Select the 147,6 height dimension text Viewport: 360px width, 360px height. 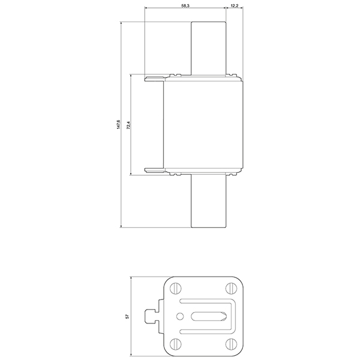pos(118,125)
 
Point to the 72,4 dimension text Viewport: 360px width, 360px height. pos(129,126)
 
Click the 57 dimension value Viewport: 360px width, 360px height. pos(128,316)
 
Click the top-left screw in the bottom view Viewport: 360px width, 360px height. pos(176,287)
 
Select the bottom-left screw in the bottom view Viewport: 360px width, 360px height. pos(176,344)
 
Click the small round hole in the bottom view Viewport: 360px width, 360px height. pos(179,316)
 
